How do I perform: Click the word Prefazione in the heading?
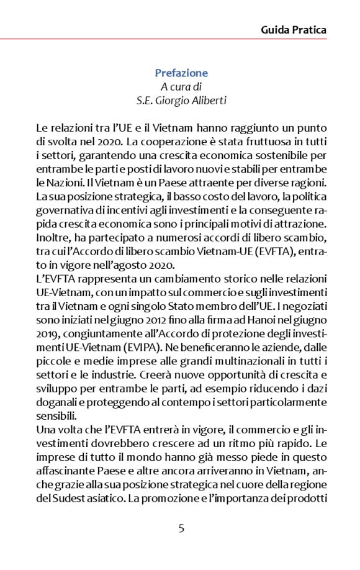(181, 73)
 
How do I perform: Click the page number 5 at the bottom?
(181, 528)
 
